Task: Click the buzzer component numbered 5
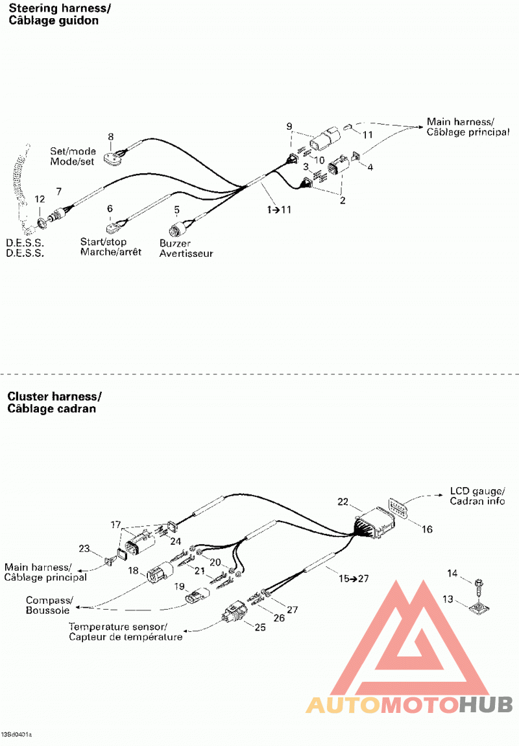point(178,230)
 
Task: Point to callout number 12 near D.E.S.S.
point(40,199)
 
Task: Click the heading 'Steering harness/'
point(59,8)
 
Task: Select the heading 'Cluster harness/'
point(54,396)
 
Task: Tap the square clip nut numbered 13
point(479,607)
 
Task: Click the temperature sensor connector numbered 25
point(233,613)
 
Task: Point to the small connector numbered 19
point(197,596)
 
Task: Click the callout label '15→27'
point(354,579)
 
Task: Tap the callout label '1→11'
point(279,210)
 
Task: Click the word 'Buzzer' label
point(175,243)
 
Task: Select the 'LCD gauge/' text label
point(477,491)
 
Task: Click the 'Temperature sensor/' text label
point(117,627)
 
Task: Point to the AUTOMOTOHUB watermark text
point(409,704)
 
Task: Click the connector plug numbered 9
point(326,138)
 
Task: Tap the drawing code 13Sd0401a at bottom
point(16,735)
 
